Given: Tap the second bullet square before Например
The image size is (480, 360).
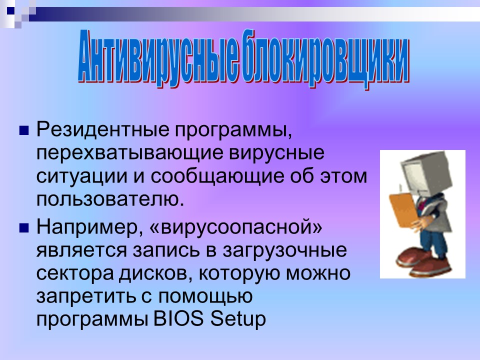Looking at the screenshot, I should [x=22, y=228].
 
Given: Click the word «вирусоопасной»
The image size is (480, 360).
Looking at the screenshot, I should [x=235, y=227].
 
